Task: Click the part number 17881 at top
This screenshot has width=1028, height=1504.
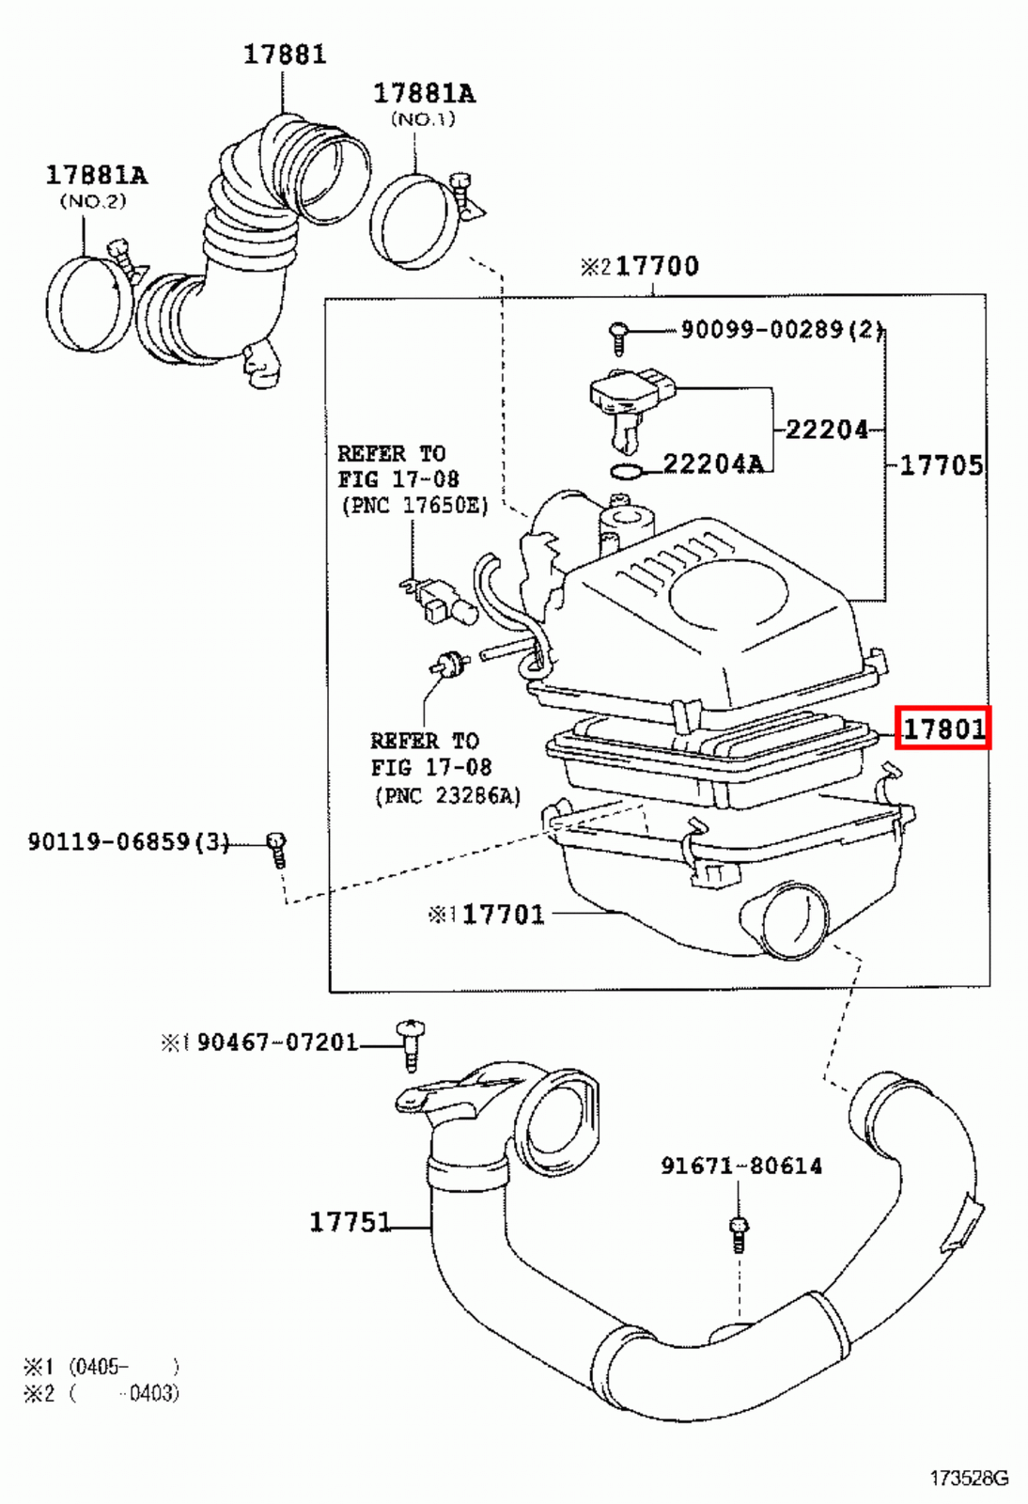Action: (x=285, y=55)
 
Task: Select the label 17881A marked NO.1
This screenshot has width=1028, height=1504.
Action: (x=424, y=93)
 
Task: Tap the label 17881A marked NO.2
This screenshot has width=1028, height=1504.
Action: (x=97, y=175)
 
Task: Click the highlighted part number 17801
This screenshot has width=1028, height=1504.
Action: (x=942, y=728)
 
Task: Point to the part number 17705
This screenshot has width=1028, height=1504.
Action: (x=941, y=464)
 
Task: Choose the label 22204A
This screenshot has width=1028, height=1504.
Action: (x=712, y=462)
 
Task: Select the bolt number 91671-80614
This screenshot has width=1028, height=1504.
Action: (x=740, y=1166)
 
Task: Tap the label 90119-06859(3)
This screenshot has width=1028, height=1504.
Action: (x=128, y=841)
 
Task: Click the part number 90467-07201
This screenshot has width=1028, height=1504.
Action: (x=277, y=1042)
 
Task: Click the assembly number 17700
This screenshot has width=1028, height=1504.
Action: (x=657, y=266)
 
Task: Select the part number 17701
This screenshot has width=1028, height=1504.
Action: (x=503, y=914)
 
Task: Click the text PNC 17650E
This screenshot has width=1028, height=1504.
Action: (x=414, y=506)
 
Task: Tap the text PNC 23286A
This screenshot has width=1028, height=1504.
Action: (x=446, y=796)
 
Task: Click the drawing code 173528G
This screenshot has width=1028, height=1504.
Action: (x=969, y=1479)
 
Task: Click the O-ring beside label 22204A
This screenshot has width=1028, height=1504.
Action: (x=626, y=471)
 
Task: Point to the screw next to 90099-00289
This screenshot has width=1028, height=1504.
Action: (x=618, y=337)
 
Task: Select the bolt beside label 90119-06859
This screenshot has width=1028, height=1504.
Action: (x=276, y=848)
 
